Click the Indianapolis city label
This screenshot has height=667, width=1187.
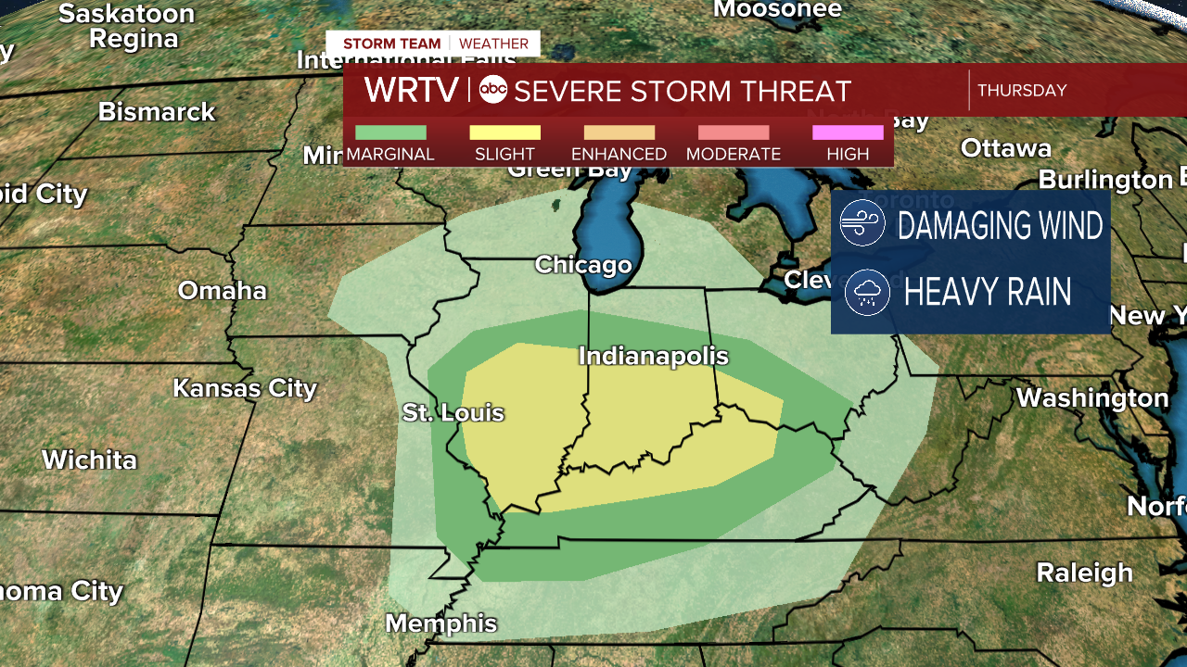coord(653,357)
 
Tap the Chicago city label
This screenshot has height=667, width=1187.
coord(583,265)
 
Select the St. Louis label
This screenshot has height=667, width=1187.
coord(453,412)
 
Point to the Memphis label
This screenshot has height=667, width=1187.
coord(440,623)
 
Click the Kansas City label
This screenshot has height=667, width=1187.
coord(245,388)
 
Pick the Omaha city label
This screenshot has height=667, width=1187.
coord(223,291)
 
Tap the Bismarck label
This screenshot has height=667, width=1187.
coord(157,112)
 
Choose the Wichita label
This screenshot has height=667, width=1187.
coord(89,460)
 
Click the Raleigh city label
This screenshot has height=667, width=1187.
coord(1084,573)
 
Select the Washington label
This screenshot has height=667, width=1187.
coord(1092,398)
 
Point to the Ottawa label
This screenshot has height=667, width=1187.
coord(1005,148)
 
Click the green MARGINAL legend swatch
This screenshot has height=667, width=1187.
coord(390,132)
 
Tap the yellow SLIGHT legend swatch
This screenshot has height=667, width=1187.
coord(504,132)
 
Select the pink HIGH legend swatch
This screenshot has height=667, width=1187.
coord(848,132)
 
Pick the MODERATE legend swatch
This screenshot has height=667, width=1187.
coord(734,132)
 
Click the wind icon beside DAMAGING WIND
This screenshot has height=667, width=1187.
coord(862,224)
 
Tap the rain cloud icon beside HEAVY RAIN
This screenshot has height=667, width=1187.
coord(868,293)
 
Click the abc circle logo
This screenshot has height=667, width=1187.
coord(493,90)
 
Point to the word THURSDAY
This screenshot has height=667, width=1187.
coord(1022,91)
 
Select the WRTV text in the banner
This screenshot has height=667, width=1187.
coord(411,90)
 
